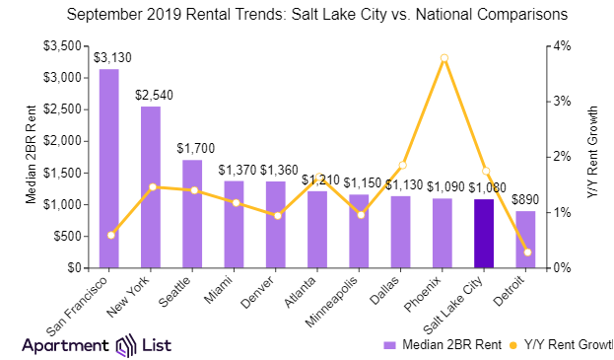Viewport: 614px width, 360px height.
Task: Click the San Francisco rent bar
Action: pyautogui.click(x=109, y=168)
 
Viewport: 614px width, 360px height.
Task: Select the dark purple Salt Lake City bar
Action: pyautogui.click(x=484, y=234)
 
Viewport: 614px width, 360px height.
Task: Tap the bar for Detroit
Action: pyautogui.click(x=526, y=240)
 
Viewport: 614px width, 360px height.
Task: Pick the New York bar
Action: pyautogui.click(x=151, y=186)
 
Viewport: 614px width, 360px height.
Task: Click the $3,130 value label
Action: pyautogui.click(x=109, y=57)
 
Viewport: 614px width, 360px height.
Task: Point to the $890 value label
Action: pyautogui.click(x=526, y=200)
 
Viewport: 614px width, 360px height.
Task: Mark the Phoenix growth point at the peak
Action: pyautogui.click(x=444, y=58)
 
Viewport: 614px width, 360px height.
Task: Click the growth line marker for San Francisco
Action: pyautogui.click(x=110, y=235)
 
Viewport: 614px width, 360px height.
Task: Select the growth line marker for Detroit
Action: pyautogui.click(x=527, y=252)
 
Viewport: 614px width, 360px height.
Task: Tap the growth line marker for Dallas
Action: pyautogui.click(x=402, y=165)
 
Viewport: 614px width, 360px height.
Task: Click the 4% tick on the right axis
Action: pyautogui.click(x=561, y=45)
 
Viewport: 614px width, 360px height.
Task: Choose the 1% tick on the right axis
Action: pyautogui.click(x=561, y=212)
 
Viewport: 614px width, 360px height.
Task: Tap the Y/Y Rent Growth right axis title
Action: pyautogui.click(x=594, y=156)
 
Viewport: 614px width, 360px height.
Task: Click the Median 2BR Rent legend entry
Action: pyautogui.click(x=440, y=344)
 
